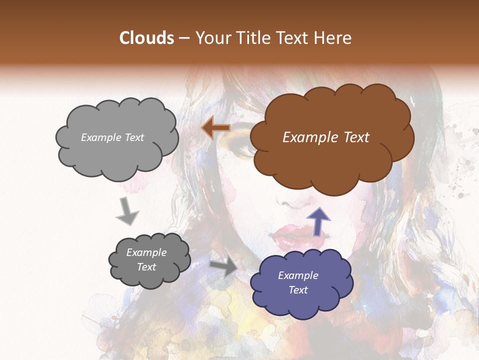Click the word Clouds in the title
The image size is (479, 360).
click(147, 38)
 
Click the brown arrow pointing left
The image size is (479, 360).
click(216, 128)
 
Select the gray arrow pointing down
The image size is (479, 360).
click(127, 211)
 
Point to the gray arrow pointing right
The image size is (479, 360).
click(224, 267)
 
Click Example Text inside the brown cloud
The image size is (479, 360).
click(326, 137)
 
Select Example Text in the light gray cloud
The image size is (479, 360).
click(112, 137)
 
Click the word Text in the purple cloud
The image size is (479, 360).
click(298, 290)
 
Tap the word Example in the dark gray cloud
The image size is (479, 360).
click(146, 252)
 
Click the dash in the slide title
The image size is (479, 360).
click(184, 38)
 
